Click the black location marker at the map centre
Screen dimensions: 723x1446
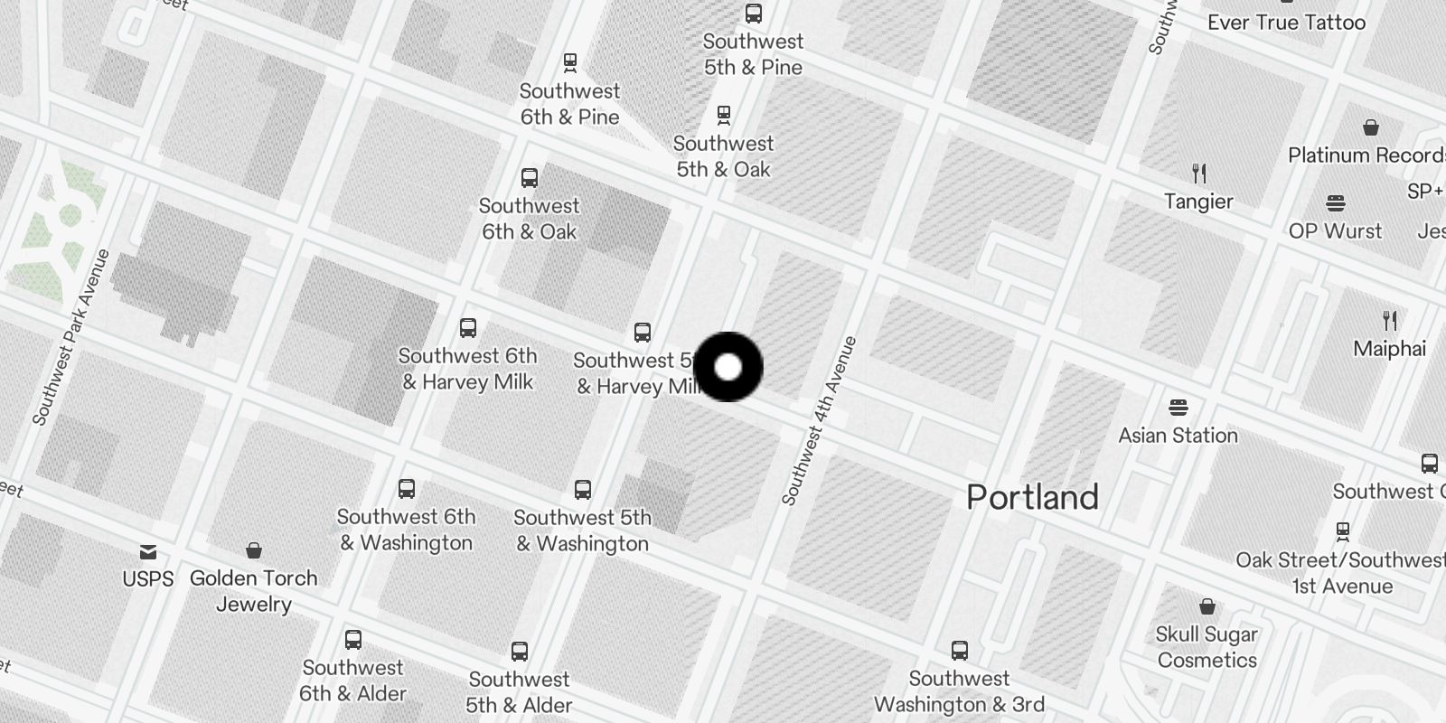click(728, 367)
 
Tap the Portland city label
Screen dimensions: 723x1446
click(1032, 497)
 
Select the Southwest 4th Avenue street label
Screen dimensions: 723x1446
click(819, 420)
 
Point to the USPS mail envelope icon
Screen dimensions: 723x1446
click(148, 551)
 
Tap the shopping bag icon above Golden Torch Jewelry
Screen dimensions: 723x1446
click(254, 550)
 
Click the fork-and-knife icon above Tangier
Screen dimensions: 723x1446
click(1199, 173)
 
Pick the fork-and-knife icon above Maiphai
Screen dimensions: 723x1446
click(1390, 320)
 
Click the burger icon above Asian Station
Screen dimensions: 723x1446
click(1178, 407)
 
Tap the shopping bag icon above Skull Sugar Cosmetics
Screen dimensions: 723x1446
click(1207, 606)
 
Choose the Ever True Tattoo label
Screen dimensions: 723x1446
click(1286, 23)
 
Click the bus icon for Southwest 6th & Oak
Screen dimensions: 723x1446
click(530, 177)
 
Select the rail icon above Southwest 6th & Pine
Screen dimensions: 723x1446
click(569, 62)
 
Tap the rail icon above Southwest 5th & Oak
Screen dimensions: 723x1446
click(723, 115)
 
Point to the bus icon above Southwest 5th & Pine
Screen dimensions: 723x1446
click(753, 14)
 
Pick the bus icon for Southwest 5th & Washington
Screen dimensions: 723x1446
click(583, 489)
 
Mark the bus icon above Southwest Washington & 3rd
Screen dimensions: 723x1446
click(960, 650)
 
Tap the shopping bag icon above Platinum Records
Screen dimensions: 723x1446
click(1371, 127)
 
